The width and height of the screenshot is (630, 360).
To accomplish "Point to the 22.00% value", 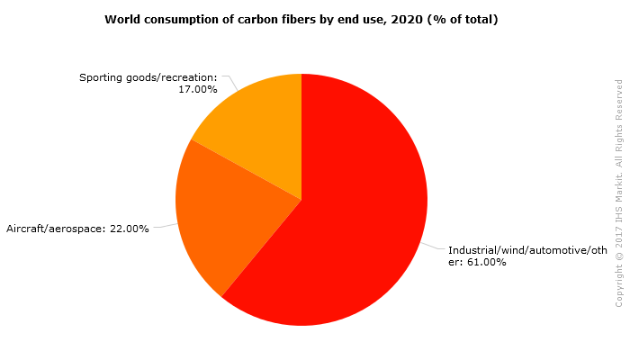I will pyautogui.click(x=129, y=229).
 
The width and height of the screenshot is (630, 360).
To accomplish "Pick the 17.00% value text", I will pyautogui.click(x=198, y=89).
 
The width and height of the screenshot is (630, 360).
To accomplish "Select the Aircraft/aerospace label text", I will pyautogui.click(x=56, y=229).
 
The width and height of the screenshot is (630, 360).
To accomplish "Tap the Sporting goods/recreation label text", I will pyautogui.click(x=148, y=77).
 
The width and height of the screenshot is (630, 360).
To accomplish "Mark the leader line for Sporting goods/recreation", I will pyautogui.click(x=230, y=83).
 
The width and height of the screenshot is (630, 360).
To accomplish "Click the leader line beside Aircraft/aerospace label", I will pyautogui.click(x=166, y=226).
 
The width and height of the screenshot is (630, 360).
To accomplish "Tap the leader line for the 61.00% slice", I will pyautogui.click(x=433, y=247).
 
